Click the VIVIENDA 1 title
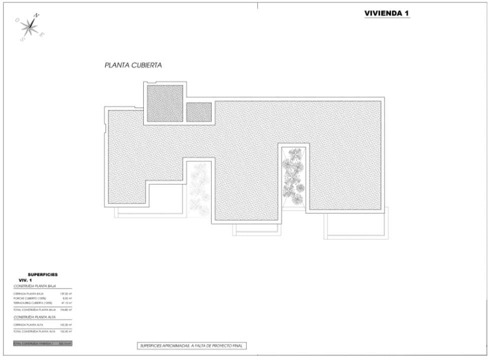click(387, 13)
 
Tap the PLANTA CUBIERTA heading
click(133, 65)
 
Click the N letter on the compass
click(36, 15)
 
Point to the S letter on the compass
click(22, 39)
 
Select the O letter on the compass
click(18, 20)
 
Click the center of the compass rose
click(30, 27)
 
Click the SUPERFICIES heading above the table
click(43, 274)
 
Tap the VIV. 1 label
click(26, 280)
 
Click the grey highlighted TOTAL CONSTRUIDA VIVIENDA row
click(43, 343)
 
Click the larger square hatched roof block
click(165, 103)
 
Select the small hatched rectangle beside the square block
click(199, 111)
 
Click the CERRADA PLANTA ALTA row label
click(28, 324)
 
